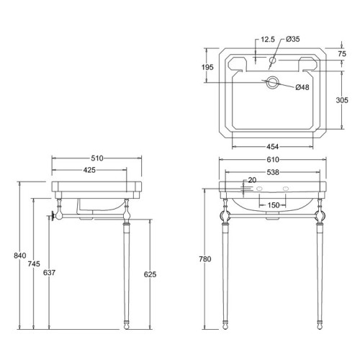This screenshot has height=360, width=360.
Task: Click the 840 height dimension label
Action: (20, 256)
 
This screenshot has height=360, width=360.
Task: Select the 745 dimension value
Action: (34, 264)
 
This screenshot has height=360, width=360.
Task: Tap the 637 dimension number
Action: (49, 273)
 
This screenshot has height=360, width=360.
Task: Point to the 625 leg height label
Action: (150, 274)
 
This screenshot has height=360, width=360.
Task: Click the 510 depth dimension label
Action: (97, 158)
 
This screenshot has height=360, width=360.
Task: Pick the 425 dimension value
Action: (89, 170)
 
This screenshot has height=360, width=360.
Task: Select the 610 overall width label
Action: (273, 160)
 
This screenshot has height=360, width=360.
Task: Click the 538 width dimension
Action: (273, 172)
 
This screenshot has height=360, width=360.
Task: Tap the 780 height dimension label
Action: (205, 259)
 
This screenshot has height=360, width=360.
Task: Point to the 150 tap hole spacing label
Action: (274, 205)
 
